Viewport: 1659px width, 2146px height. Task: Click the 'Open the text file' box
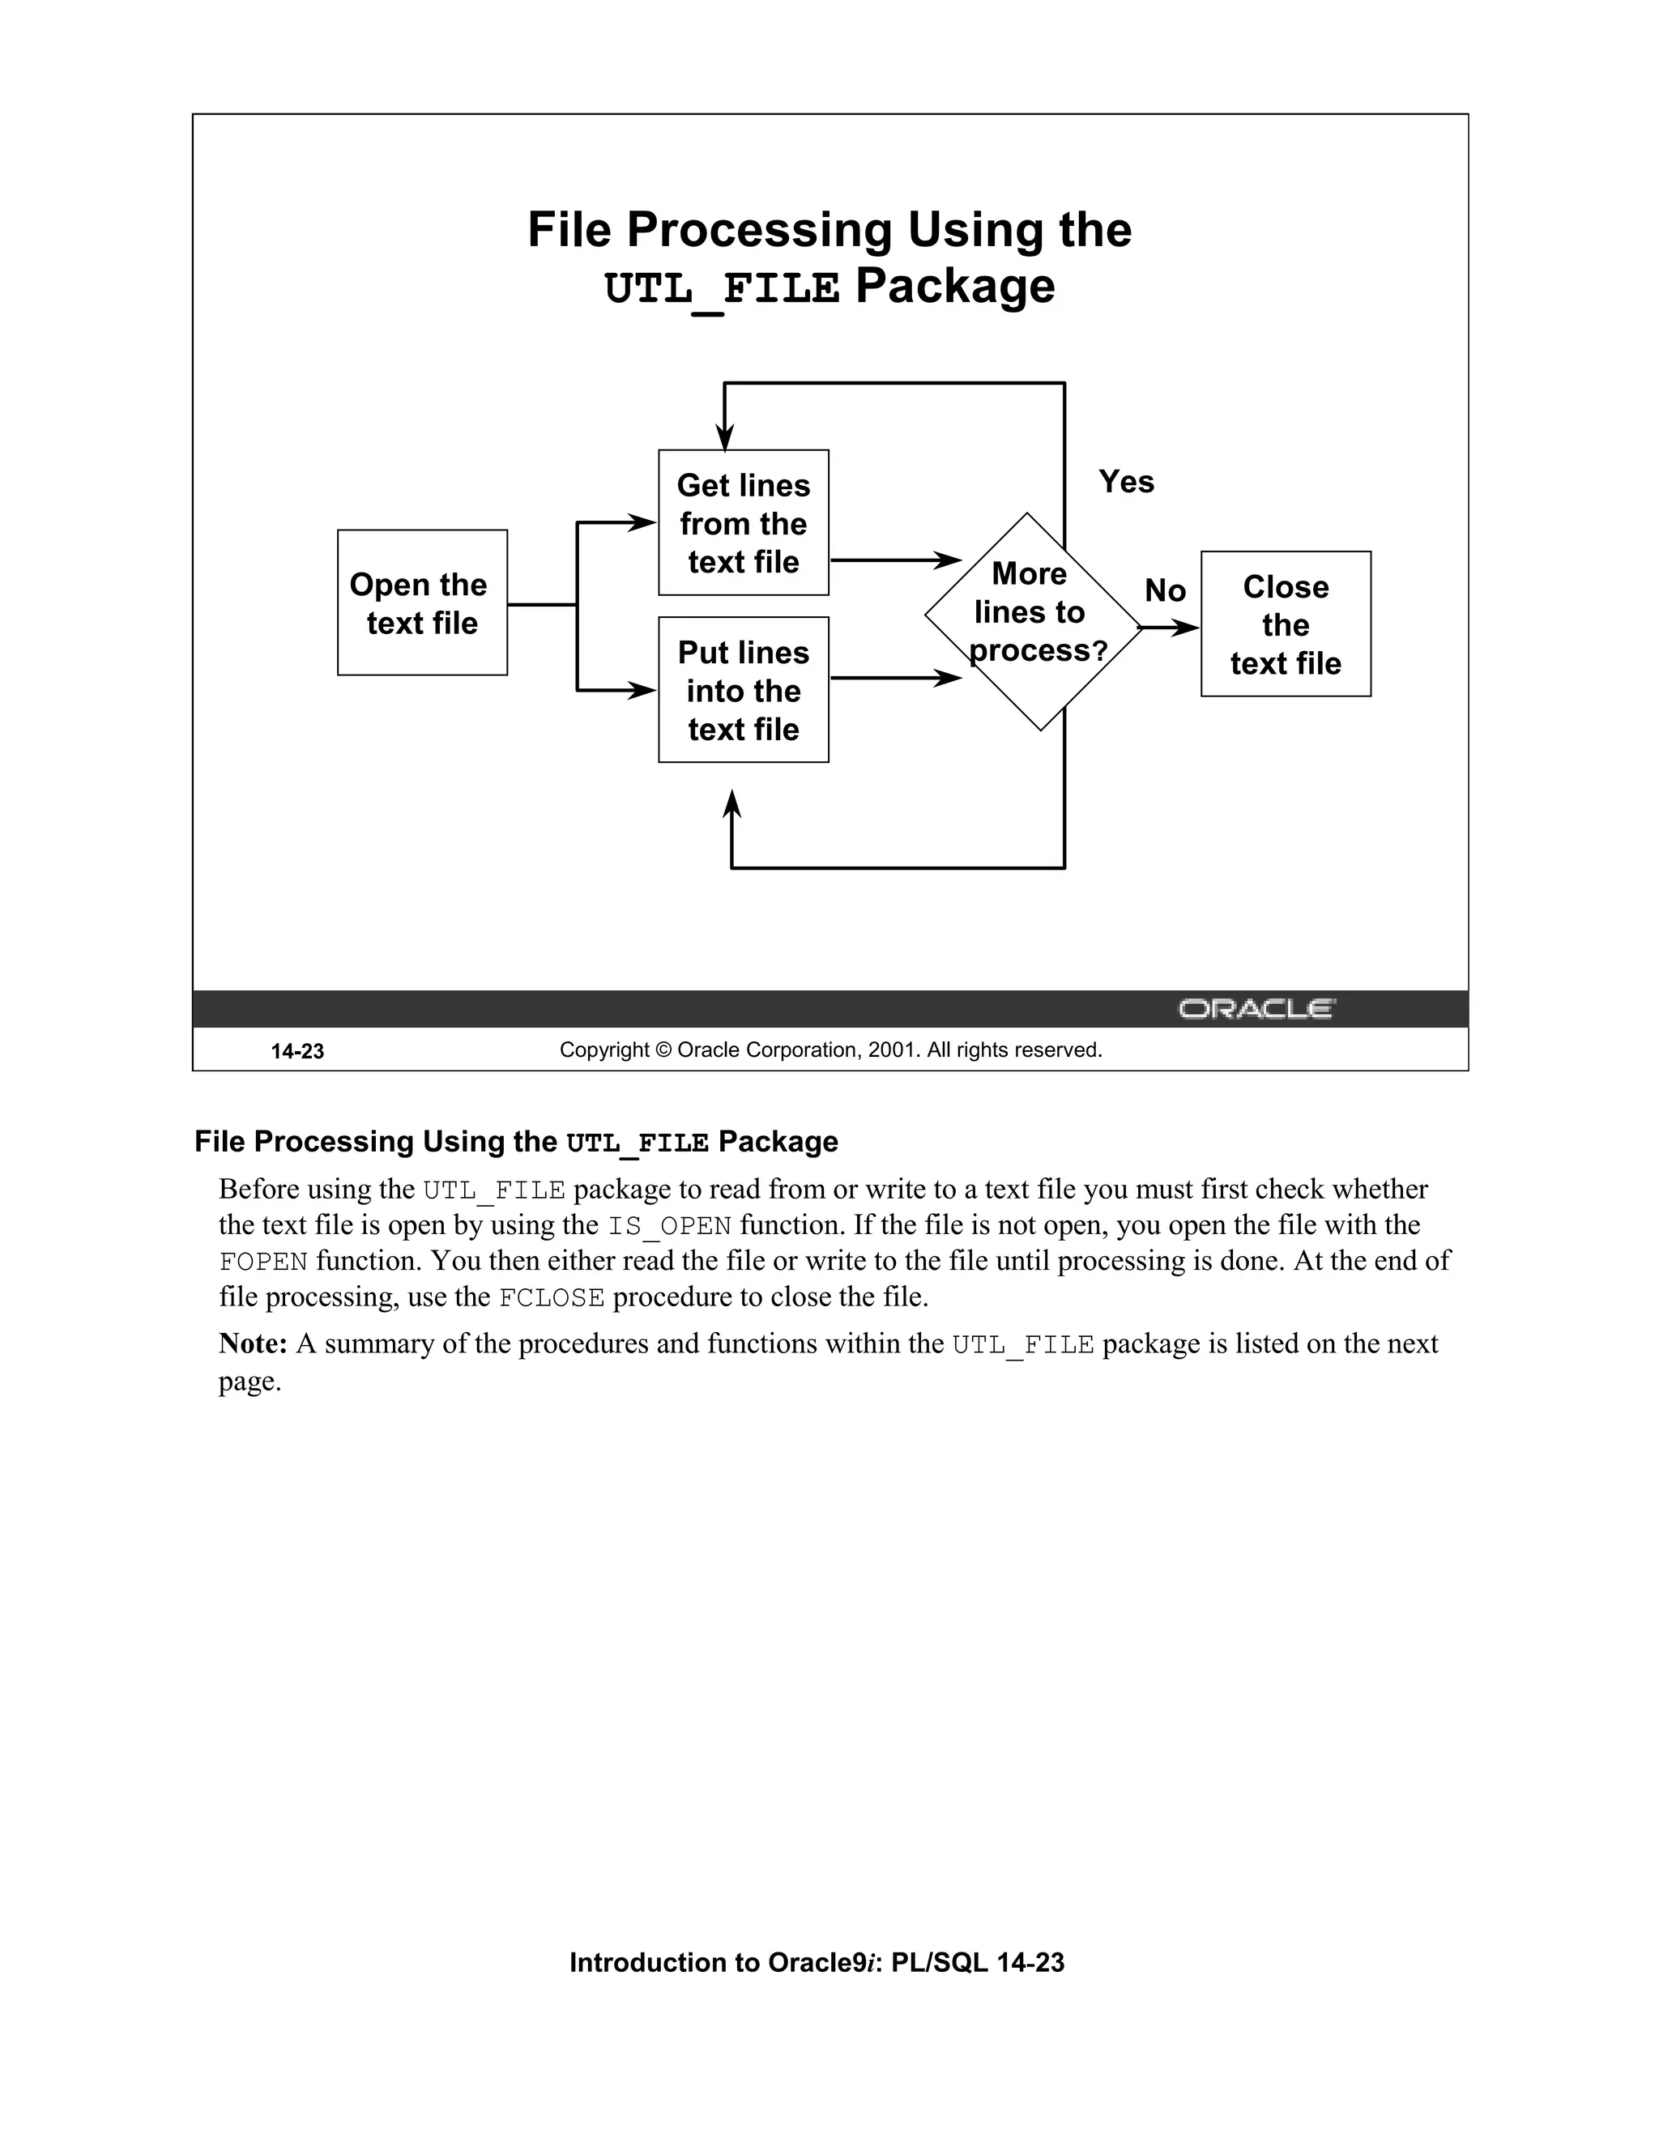pos(421,602)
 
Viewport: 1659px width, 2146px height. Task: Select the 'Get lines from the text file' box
pos(743,523)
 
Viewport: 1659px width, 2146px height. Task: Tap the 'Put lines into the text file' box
pos(743,690)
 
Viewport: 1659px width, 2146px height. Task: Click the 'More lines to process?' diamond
pos(1033,621)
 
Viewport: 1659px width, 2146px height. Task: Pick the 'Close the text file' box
pos(1285,624)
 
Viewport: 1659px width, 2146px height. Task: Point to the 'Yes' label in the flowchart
pos(1125,482)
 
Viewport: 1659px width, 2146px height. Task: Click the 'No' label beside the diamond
pos(1165,590)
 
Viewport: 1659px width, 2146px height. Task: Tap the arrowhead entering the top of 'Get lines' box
pos(724,437)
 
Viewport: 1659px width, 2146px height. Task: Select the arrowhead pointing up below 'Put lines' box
pos(731,804)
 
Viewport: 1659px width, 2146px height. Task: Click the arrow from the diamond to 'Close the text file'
pos(1171,628)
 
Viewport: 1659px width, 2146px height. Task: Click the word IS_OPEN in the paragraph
pos(669,1226)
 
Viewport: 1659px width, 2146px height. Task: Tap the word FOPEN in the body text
pos(263,1262)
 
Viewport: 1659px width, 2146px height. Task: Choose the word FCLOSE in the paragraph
pos(552,1298)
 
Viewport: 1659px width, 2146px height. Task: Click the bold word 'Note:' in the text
pos(253,1343)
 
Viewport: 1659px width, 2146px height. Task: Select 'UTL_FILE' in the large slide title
pos(723,289)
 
